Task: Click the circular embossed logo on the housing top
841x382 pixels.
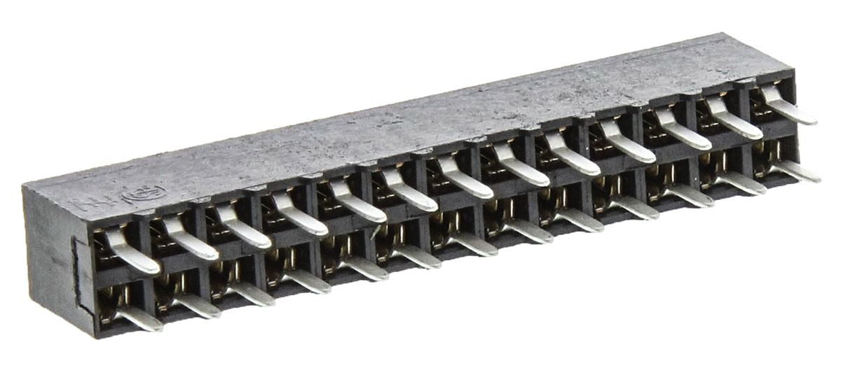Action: coord(144,194)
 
